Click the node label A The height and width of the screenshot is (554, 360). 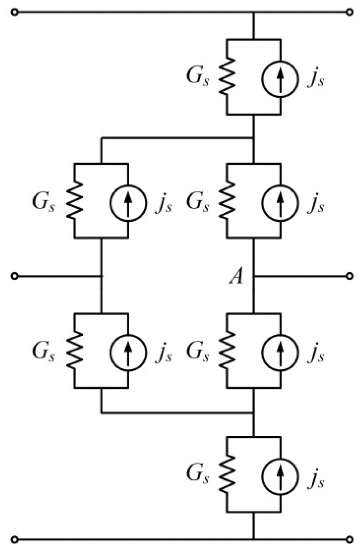pos(235,278)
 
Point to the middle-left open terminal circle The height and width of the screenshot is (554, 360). pos(16,276)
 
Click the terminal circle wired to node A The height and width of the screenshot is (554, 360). pos(349,276)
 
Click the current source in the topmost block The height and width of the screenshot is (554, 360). pos(280,77)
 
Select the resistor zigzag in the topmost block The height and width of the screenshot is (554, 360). pos(227,77)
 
